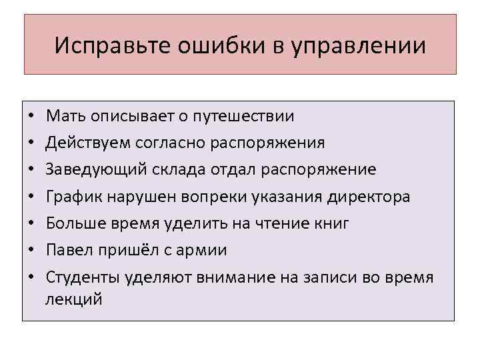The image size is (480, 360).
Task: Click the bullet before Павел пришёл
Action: click(32, 250)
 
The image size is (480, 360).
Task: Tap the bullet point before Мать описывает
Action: click(32, 117)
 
